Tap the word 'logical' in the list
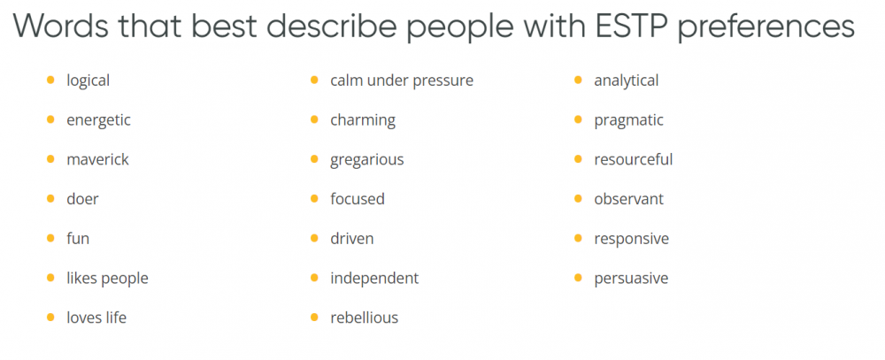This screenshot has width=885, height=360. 88,80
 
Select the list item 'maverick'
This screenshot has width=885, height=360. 97,160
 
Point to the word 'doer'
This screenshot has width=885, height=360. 82,199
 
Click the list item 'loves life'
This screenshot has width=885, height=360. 96,318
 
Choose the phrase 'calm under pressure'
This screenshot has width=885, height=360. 402,80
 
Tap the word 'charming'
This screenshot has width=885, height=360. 363,120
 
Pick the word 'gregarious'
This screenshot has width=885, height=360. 367,160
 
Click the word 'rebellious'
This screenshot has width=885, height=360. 364,318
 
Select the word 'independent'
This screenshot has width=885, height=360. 374,278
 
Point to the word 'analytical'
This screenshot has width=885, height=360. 626,80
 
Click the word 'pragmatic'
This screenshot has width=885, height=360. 628,120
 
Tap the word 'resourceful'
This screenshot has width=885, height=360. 634,160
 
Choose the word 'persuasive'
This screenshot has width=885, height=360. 631,278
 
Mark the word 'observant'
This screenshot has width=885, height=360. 628,199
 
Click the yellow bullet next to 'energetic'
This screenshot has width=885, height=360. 50,119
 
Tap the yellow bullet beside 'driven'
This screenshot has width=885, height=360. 314,238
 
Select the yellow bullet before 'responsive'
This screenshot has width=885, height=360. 578,238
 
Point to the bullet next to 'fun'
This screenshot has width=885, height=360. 50,238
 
